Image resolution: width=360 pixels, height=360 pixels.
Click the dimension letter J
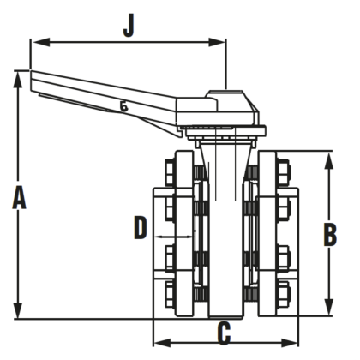point(129,27)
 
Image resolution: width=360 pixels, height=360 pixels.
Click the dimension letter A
point(19,197)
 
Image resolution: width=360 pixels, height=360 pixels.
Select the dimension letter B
point(330,234)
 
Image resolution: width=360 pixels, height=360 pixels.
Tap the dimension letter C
point(224,333)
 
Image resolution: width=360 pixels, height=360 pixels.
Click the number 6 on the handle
point(123,106)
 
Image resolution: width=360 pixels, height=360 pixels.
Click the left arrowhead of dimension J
point(42,43)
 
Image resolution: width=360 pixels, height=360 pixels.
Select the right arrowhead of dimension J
point(217,43)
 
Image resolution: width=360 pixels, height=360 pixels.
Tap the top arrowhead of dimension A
point(18,81)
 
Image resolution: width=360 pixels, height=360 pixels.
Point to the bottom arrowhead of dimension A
point(18,309)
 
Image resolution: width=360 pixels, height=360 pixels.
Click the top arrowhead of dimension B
point(329,161)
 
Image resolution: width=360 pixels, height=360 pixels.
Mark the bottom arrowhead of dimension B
point(329,306)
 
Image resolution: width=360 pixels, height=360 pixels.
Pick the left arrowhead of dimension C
point(163,343)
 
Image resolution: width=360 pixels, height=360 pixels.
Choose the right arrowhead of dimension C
point(290,343)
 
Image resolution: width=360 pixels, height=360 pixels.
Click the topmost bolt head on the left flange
point(170,174)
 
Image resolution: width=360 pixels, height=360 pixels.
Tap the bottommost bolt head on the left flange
point(170,294)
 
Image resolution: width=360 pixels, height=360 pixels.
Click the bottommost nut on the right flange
point(283,294)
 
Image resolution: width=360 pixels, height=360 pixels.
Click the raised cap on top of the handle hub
point(225,94)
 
